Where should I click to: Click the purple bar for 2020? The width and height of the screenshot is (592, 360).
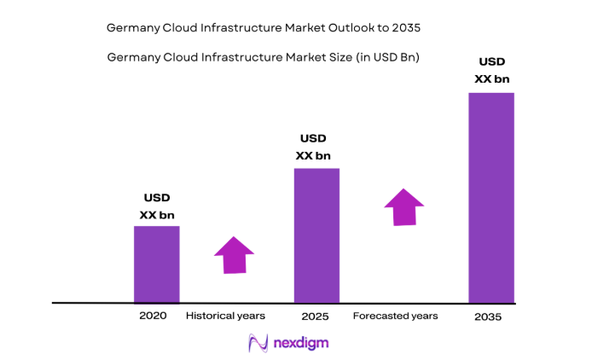pos(157,264)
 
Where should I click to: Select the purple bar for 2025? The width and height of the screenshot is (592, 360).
pos(316,235)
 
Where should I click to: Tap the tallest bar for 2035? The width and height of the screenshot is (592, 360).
pos(491,197)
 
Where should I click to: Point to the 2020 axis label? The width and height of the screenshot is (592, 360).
pos(153,316)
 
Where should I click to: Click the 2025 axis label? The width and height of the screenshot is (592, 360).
pos(315,316)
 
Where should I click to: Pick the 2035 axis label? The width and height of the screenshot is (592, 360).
pos(489,316)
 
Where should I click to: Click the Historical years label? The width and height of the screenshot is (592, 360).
pos(225,316)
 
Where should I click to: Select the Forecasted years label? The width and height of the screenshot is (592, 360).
pos(395,316)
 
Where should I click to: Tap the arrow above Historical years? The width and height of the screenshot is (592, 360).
pos(234,254)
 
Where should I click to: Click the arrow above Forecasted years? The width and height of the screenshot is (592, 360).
pos(404,207)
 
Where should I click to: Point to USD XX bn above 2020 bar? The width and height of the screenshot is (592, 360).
pos(157,206)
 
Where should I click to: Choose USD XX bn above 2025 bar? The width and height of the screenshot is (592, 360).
pos(313,147)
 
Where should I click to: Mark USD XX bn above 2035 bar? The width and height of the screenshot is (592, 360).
pos(492,70)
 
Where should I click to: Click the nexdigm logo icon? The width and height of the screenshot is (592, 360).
pos(257,343)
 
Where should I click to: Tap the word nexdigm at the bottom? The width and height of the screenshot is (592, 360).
pos(300,343)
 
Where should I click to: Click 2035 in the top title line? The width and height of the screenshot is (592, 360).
pos(405,27)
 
